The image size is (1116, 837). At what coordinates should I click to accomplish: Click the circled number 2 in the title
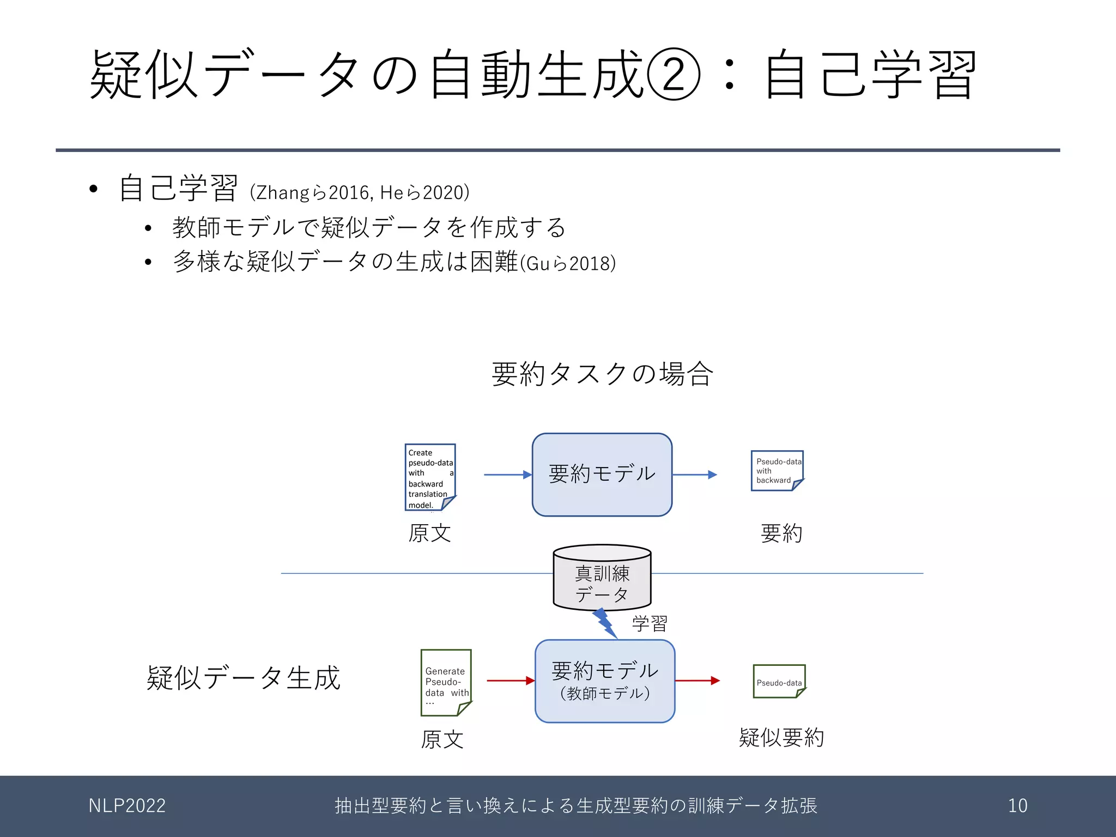674,74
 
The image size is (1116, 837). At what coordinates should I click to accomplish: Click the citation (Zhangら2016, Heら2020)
360,192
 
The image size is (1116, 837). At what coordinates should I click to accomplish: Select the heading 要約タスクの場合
602,374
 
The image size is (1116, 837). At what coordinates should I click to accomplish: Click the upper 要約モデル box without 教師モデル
602,474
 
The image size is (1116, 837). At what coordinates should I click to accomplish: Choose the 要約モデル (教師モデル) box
605,681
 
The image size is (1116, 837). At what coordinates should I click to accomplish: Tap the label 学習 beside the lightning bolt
650,623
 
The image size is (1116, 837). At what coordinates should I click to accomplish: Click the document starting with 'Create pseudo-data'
430,477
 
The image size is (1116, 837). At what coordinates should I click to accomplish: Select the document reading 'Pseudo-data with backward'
777,470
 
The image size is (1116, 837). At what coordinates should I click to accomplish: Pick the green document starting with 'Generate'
446,682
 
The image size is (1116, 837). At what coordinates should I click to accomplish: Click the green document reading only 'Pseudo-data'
779,681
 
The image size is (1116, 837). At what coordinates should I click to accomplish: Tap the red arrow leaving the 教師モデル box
697,681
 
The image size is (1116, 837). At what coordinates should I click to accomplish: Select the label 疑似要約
781,738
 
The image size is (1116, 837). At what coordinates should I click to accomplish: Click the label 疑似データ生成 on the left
244,678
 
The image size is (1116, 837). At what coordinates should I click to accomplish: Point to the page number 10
1017,805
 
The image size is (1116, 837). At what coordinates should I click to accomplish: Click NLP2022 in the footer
127,805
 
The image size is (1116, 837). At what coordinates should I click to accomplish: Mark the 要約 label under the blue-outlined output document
781,533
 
